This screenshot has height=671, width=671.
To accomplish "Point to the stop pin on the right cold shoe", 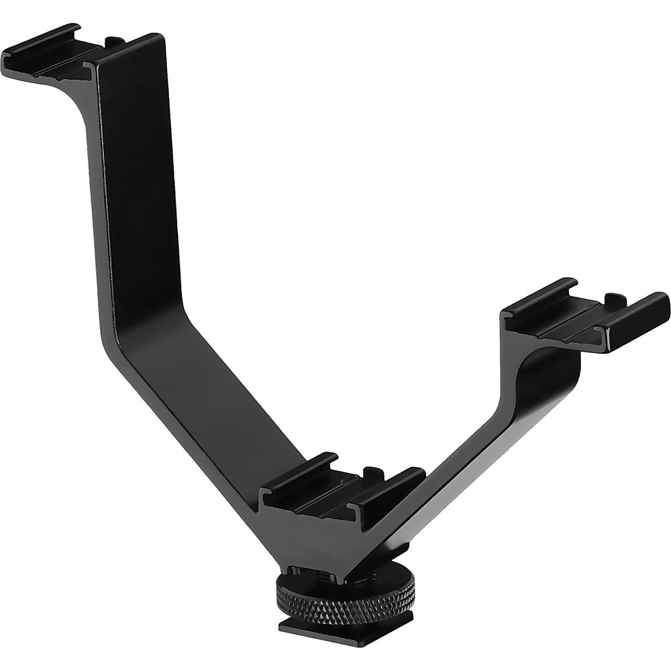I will (613, 297).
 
